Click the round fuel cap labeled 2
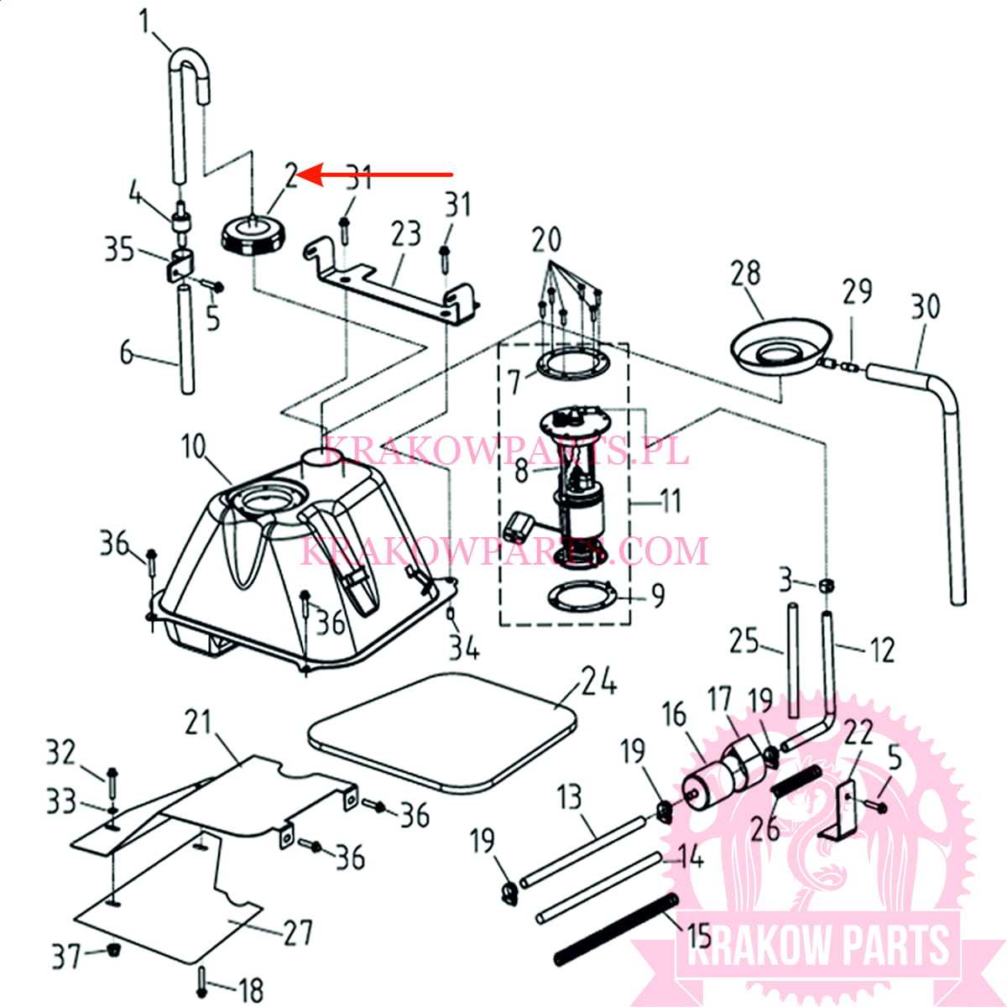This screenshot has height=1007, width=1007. click(x=254, y=237)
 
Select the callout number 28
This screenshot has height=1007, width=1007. click(x=746, y=274)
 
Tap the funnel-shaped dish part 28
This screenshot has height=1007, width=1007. click(x=780, y=347)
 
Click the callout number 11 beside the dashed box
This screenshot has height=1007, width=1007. click(x=670, y=502)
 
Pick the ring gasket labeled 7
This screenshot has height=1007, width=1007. click(x=573, y=363)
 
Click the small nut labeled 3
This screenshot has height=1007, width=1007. click(x=827, y=586)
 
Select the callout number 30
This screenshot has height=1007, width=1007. click(x=926, y=307)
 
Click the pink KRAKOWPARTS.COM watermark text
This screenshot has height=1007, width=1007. click(x=504, y=550)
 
